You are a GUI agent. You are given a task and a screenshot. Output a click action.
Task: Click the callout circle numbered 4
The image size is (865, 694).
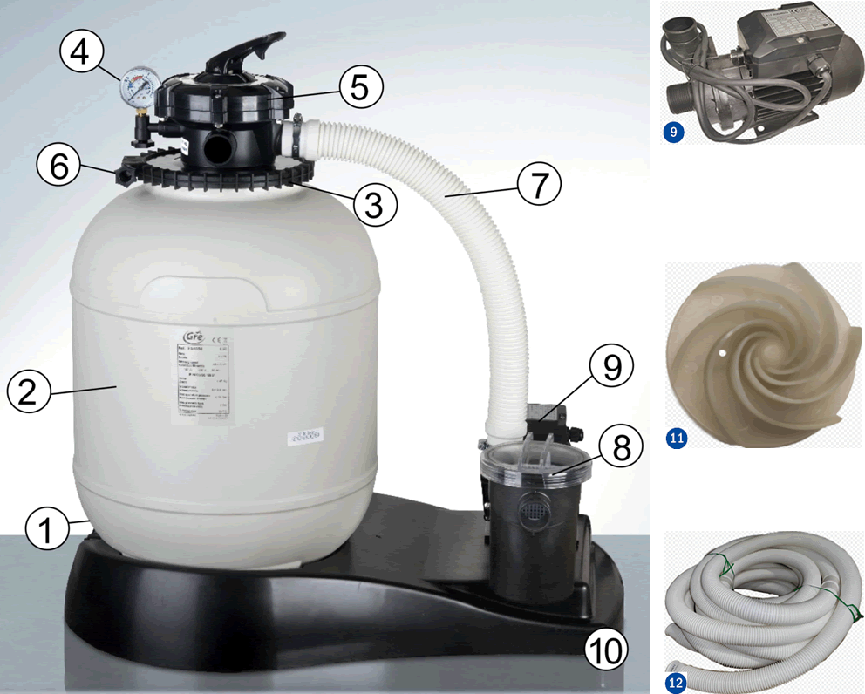[x=79, y=53]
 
